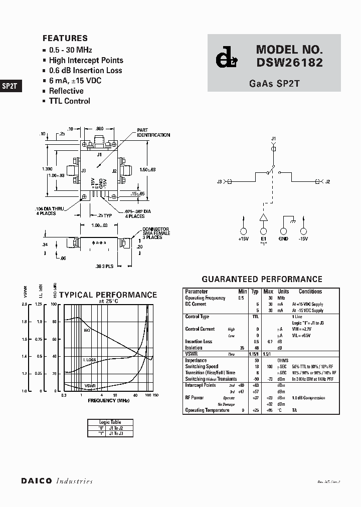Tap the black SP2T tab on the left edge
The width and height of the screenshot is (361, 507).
tap(10, 86)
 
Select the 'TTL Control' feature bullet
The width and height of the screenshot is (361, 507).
tap(69, 101)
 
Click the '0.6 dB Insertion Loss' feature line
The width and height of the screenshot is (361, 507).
tap(85, 71)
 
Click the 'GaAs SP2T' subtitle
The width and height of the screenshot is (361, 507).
tap(274, 84)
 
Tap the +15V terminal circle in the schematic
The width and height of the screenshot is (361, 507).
tap(244, 231)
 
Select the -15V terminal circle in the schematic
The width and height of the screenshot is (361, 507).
tap(303, 231)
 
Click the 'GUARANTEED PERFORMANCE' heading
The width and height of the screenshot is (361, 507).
tap(262, 279)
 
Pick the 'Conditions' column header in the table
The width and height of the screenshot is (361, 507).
tap(310, 292)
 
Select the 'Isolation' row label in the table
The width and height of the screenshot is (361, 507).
tap(194, 348)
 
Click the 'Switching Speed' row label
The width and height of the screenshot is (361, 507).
tap(202, 367)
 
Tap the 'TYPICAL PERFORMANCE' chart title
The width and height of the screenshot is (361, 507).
tap(108, 295)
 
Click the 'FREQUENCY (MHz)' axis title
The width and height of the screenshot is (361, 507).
tap(109, 400)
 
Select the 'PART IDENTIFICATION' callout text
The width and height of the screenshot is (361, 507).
tap(153, 133)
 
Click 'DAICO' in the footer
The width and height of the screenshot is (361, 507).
tap(36, 481)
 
